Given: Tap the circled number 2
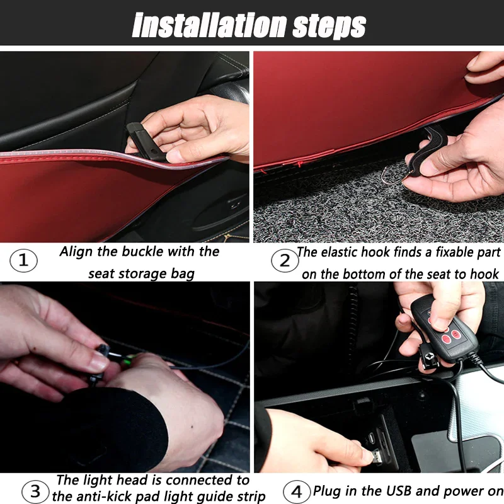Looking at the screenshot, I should pos(284,260).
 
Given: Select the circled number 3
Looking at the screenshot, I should pos(37,490).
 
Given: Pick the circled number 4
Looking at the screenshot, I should pos(297,491).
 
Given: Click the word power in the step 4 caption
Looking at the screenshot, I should pos(467,490).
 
